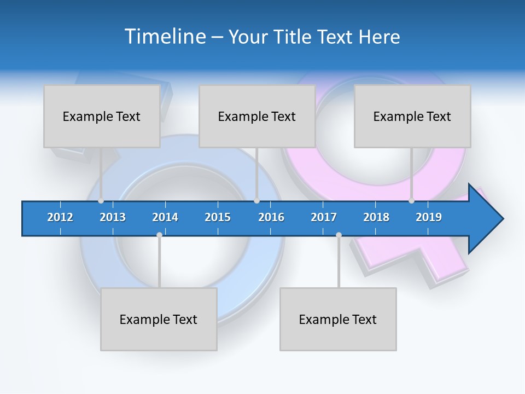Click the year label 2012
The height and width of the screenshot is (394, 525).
click(60, 217)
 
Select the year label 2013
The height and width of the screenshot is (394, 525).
click(113, 217)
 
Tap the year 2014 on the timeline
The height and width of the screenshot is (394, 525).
click(165, 217)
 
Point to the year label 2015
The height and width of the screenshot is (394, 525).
click(218, 217)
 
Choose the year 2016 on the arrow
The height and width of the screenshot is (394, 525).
click(271, 217)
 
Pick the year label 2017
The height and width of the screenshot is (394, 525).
click(324, 217)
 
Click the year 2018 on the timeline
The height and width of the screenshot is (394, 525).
click(376, 217)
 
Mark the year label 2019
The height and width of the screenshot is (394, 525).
click(429, 217)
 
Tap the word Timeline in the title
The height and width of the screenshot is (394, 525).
click(164, 37)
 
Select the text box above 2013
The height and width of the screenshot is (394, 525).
click(102, 117)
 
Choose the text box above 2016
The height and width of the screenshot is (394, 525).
click(257, 117)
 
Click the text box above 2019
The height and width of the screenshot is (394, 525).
click(412, 117)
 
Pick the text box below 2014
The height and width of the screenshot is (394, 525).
click(159, 320)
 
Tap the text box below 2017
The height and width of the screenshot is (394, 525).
click(338, 320)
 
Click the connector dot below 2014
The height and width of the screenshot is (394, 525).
click(159, 235)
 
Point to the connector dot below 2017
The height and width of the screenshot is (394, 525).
click(339, 235)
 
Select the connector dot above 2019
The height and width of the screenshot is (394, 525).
click(412, 201)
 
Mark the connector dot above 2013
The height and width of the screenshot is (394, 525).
click(101, 201)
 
